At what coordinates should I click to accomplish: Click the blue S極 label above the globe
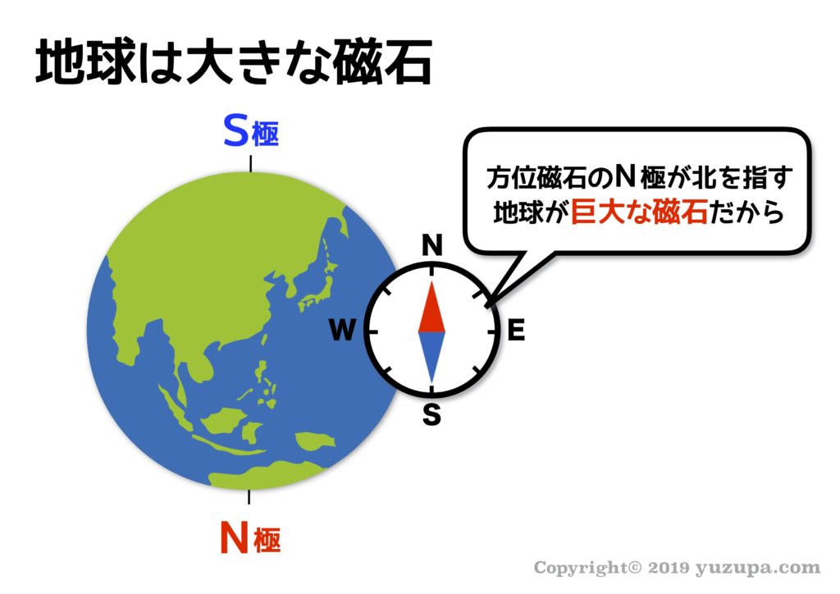click(251, 131)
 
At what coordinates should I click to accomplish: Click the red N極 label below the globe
click(250, 537)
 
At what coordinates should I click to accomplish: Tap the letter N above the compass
click(432, 245)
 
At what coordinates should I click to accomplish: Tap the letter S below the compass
click(431, 414)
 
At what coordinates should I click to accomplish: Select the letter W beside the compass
click(342, 330)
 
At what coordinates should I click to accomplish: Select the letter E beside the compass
click(516, 330)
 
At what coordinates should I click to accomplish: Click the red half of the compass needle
click(431, 307)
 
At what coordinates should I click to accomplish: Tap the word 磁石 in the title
click(382, 62)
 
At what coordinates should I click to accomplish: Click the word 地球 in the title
click(85, 62)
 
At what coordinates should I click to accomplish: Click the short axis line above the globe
click(251, 164)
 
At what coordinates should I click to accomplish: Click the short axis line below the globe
click(249, 496)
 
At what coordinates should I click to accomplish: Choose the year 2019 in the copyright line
click(668, 568)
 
